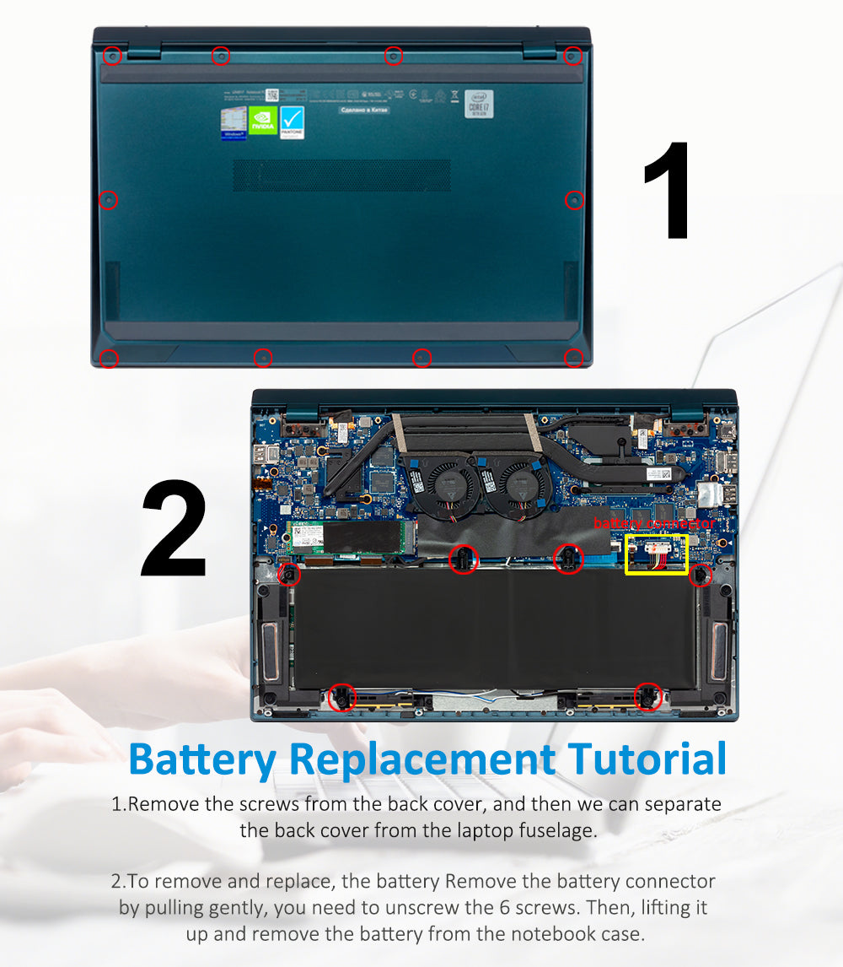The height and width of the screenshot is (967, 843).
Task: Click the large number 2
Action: [x=175, y=529]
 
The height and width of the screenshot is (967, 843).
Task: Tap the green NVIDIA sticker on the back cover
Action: [x=262, y=120]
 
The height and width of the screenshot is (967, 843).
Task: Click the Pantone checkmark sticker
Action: [x=292, y=122]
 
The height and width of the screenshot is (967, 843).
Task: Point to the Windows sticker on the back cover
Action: [x=234, y=122]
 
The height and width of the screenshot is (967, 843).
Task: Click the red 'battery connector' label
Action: [x=653, y=523]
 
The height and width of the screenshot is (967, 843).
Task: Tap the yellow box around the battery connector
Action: [x=657, y=554]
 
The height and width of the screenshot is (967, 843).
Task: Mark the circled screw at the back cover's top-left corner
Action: [x=112, y=57]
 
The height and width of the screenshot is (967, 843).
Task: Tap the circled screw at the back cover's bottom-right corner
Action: [x=573, y=359]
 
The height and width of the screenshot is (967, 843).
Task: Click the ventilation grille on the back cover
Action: [x=341, y=175]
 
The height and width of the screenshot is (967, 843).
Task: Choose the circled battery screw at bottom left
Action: [x=341, y=696]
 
